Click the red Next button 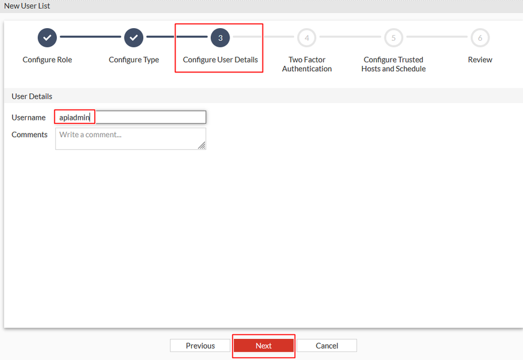pyautogui.click(x=264, y=346)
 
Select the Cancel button pyautogui.click(x=327, y=346)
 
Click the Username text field pyautogui.click(x=131, y=117)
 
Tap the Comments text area pyautogui.click(x=131, y=138)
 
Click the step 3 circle pyautogui.click(x=220, y=38)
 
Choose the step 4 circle pyautogui.click(x=307, y=38)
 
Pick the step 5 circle pyautogui.click(x=394, y=38)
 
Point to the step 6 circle pyautogui.click(x=480, y=38)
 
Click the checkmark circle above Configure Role pyautogui.click(x=47, y=38)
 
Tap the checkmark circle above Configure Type pyautogui.click(x=134, y=38)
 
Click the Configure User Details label pyautogui.click(x=220, y=60)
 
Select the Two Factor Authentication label pyautogui.click(x=307, y=64)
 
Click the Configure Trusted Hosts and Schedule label pyautogui.click(x=394, y=64)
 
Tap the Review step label pyautogui.click(x=480, y=60)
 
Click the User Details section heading pyautogui.click(x=32, y=96)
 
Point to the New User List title pyautogui.click(x=27, y=6)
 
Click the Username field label pyautogui.click(x=29, y=117)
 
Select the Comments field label pyautogui.click(x=30, y=134)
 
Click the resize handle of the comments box pyautogui.click(x=202, y=145)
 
